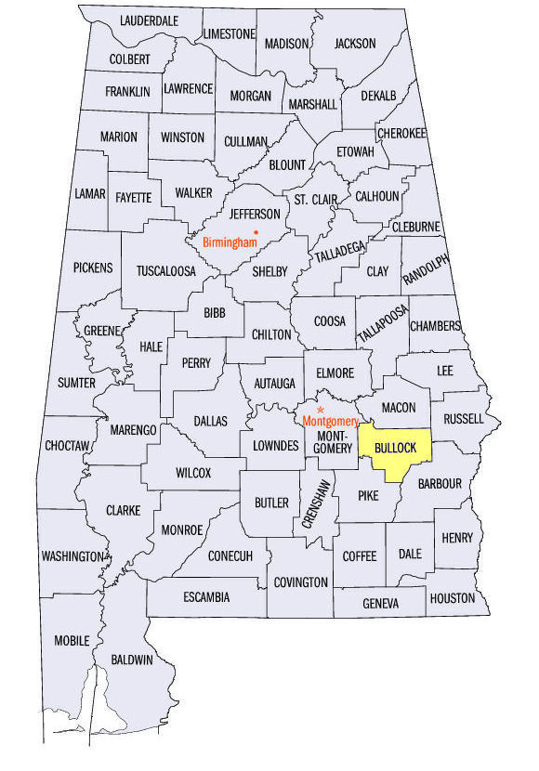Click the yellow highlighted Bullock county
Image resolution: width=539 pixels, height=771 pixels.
(395, 449)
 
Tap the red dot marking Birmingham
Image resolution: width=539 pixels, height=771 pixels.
(256, 231)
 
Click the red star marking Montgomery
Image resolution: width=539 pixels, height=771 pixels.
(321, 409)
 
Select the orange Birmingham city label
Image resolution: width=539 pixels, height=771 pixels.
(229, 243)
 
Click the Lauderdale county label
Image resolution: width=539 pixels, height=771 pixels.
(149, 20)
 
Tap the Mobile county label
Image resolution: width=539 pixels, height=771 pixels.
(72, 640)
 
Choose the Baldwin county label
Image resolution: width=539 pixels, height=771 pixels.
(132, 660)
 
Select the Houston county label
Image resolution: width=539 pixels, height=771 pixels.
(453, 598)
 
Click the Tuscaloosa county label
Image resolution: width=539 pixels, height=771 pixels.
(166, 271)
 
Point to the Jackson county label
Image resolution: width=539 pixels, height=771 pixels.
(355, 43)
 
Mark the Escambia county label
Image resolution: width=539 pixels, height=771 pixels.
(206, 596)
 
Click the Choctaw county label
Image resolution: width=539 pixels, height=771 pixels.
(68, 446)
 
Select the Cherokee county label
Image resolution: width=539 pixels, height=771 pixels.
(401, 133)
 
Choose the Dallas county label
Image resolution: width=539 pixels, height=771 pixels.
(210, 421)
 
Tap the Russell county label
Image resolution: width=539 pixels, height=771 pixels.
(464, 419)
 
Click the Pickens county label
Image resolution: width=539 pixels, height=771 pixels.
(93, 268)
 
